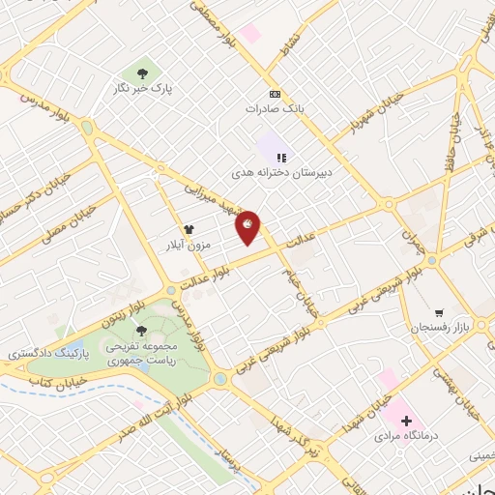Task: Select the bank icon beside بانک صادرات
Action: point(276,94)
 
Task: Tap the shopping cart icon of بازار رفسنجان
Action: point(439,313)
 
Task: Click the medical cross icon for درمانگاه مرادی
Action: point(406,420)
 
